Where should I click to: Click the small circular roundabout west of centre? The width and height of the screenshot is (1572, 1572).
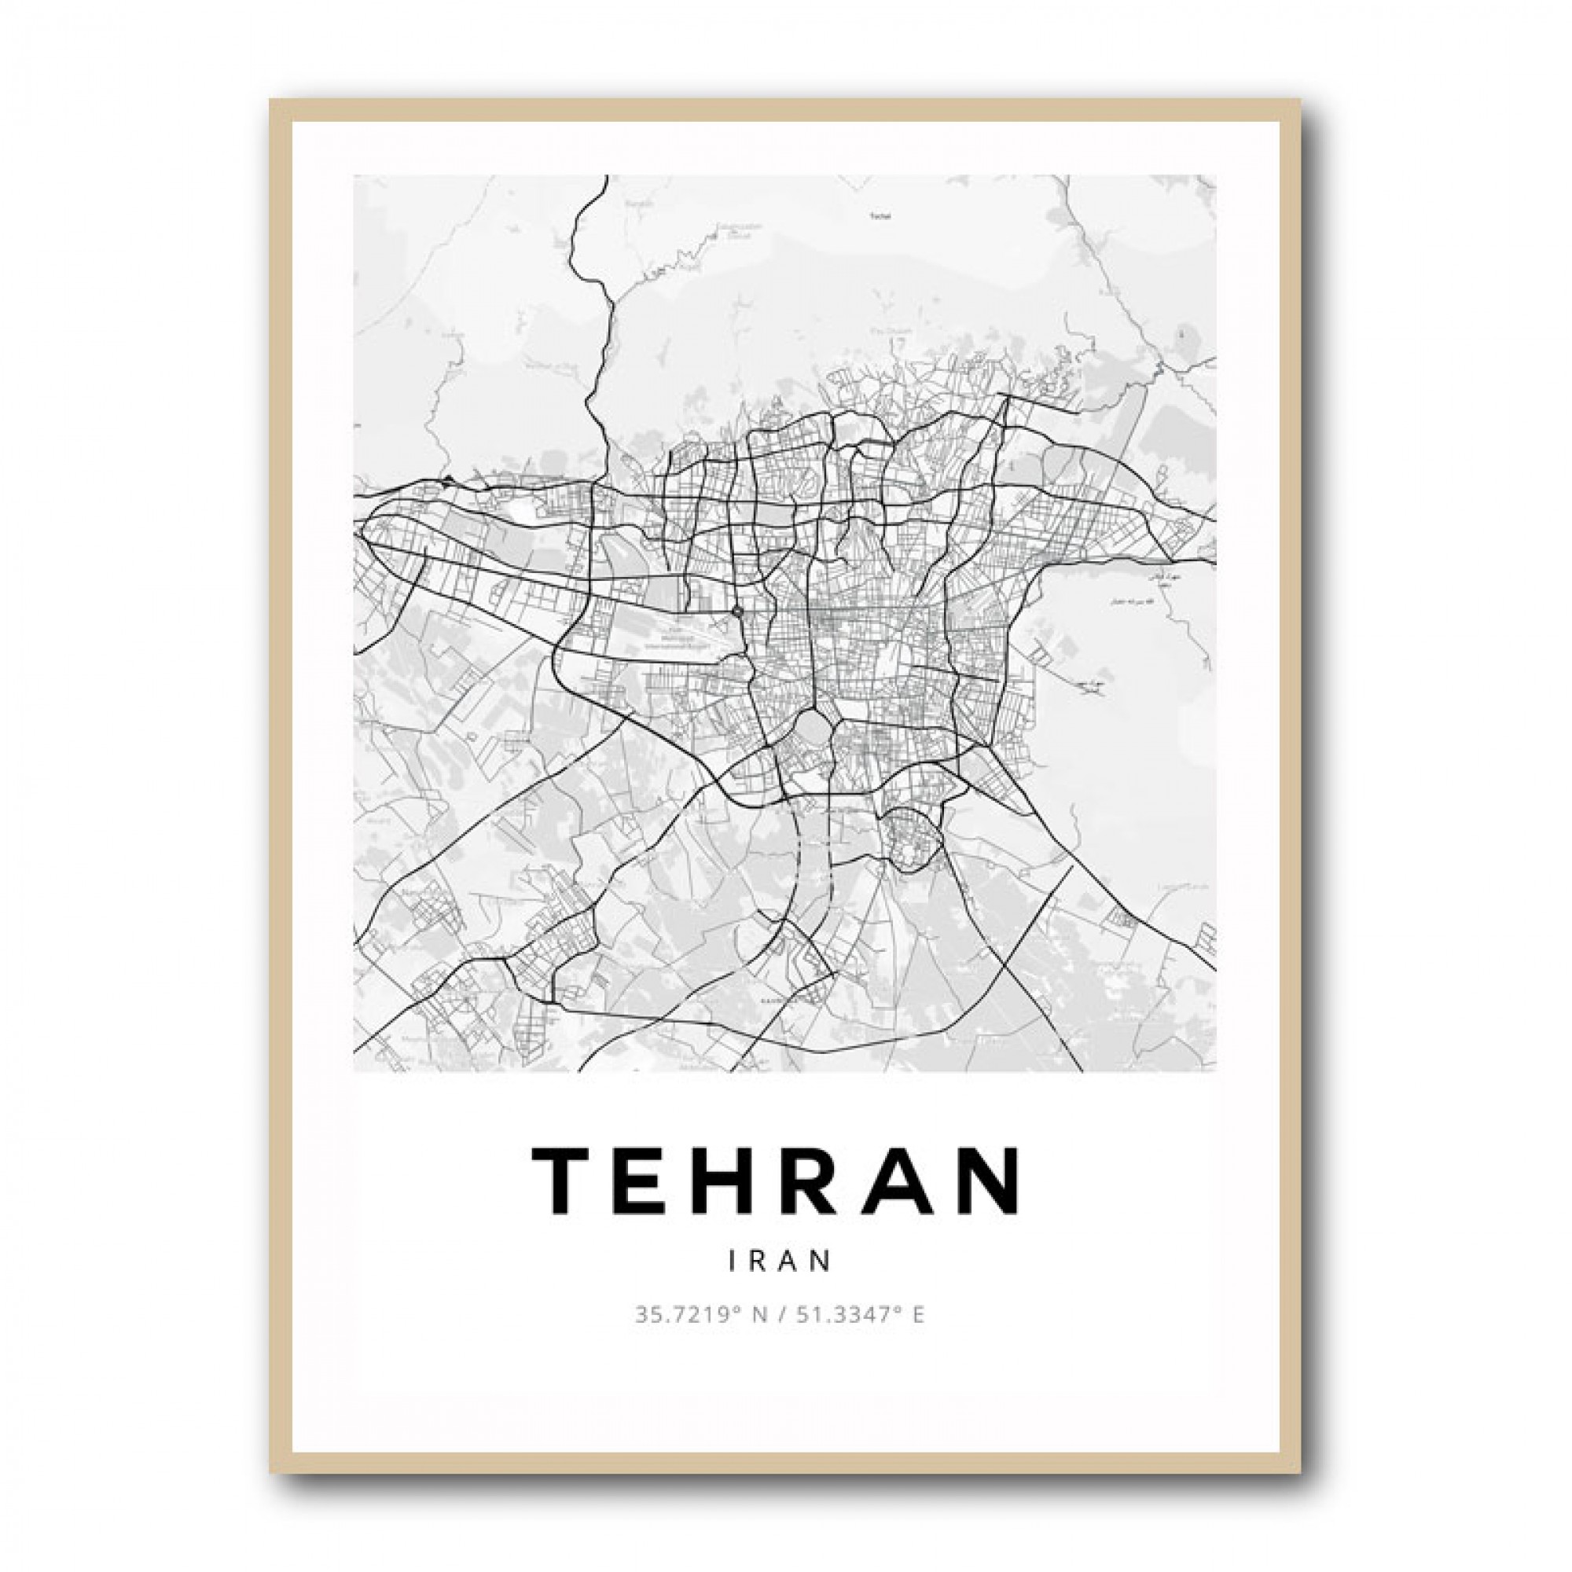(x=736, y=610)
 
